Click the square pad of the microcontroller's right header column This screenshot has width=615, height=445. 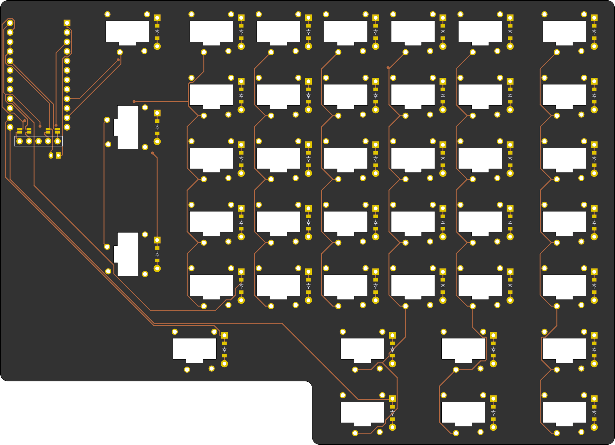pos(67,23)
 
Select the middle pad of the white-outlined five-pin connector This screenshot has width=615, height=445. pos(39,141)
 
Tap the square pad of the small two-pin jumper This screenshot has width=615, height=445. pos(58,155)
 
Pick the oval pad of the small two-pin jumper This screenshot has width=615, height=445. pos(51,155)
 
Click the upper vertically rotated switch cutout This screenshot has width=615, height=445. pos(127,127)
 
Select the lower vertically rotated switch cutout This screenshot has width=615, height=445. pos(127,254)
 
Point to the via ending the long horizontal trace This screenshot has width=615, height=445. pos(134,102)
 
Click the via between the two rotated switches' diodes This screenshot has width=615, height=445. pos(152,153)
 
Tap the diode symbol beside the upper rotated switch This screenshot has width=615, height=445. pos(157,127)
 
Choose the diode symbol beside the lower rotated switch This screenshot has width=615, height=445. pos(157,254)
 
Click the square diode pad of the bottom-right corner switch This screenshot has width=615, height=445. pos(594,399)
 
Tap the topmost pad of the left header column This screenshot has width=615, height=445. pos(10,23)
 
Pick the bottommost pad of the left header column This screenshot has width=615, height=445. pos(10,127)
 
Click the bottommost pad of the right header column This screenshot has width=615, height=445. pos(67,127)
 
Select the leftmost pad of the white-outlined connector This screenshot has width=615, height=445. pos(20,141)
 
